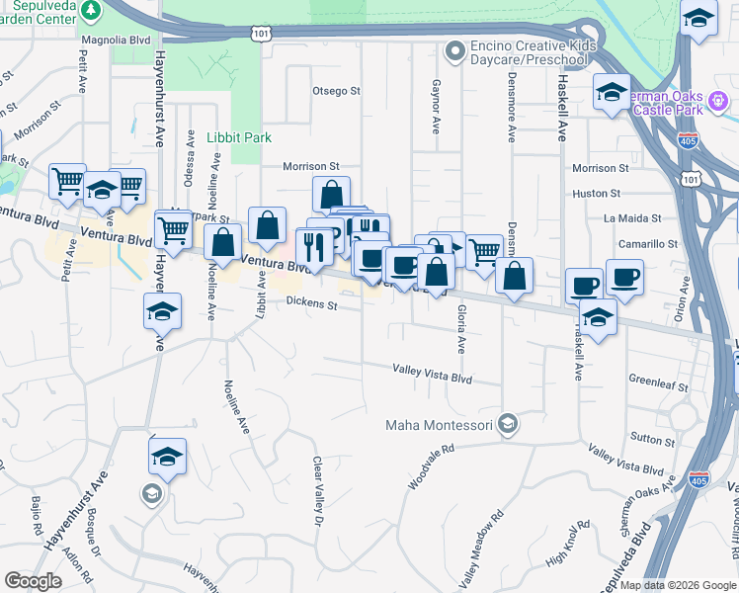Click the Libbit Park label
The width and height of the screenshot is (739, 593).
239,137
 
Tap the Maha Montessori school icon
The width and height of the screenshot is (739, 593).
508,425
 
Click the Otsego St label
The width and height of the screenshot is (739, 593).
336,91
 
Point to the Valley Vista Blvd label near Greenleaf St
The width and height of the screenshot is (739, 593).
626,460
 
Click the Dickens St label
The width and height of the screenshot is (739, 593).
311,303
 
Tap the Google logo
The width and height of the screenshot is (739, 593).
33,580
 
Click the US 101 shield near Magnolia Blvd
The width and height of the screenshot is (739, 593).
260,34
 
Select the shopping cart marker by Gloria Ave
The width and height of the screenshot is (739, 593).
483,251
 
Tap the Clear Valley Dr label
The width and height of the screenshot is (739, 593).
318,490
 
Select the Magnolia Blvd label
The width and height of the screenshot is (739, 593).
115,41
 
